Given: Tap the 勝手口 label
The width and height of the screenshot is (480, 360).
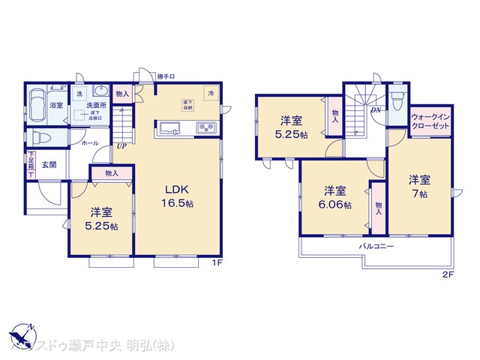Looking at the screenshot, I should pos(166,76).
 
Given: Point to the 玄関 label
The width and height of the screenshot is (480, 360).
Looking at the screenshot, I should pos(49,165).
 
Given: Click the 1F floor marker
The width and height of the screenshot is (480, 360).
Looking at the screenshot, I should pos(216,262).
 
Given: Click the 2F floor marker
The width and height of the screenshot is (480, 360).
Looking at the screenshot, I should pos(447,275).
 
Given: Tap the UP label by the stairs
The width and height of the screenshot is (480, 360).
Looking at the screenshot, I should pos(121,147).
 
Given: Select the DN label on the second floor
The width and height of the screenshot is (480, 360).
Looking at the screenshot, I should pos(375,111).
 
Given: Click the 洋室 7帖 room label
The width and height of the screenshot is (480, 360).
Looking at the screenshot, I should pos(418,186).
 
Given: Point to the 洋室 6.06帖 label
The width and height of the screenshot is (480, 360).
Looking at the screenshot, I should pos(334,197).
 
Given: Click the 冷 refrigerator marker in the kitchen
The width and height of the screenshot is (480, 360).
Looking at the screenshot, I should pos(211,93).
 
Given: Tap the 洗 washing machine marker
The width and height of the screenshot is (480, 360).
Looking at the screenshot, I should pos(79,94).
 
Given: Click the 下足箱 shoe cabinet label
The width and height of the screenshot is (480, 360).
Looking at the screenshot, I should pos(31,164).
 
